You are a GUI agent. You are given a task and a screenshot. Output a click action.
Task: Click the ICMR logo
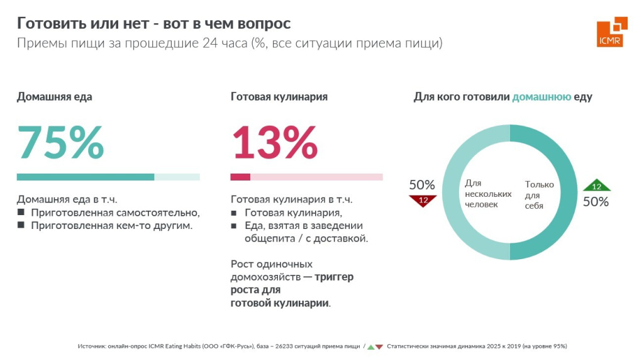[x=611, y=31]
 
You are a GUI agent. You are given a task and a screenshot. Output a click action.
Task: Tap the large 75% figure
[x=60, y=143]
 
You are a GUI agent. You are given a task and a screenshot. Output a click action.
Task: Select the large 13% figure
[x=275, y=143]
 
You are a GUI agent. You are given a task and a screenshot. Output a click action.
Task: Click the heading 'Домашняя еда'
[x=54, y=97]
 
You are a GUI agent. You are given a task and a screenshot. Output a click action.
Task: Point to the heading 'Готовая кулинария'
[x=279, y=97]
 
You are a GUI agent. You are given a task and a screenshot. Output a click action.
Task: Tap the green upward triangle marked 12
[x=596, y=186]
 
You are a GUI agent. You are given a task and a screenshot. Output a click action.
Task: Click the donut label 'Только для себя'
[x=539, y=195]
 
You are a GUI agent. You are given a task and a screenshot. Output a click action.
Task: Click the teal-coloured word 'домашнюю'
[x=541, y=97]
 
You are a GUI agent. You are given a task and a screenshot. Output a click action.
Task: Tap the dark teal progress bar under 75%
[x=85, y=177]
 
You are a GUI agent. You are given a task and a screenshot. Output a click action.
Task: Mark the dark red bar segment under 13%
[x=240, y=177]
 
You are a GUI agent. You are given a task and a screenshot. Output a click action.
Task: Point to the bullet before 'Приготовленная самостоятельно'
[x=20, y=212]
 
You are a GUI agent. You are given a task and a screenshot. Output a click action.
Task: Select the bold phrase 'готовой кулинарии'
[x=280, y=303]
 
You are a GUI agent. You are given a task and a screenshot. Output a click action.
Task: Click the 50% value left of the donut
[x=422, y=186]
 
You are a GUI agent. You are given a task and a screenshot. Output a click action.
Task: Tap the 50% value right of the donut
[x=596, y=202]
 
